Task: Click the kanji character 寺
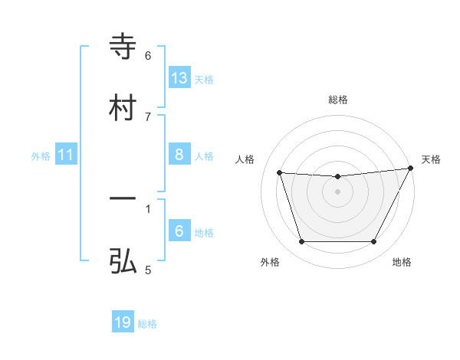123,47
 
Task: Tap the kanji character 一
123,200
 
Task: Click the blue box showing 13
179,77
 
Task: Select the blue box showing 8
179,155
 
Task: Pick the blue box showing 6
179,231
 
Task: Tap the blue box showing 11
66,155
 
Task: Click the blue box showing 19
123,322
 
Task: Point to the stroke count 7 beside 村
148,116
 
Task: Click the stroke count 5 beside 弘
148,270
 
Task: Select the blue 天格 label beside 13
204,79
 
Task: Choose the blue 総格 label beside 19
147,324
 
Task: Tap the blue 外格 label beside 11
41,156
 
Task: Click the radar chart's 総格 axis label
338,100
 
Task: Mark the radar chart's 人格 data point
280,173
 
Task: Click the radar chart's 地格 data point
374,242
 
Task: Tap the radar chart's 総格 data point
338,177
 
